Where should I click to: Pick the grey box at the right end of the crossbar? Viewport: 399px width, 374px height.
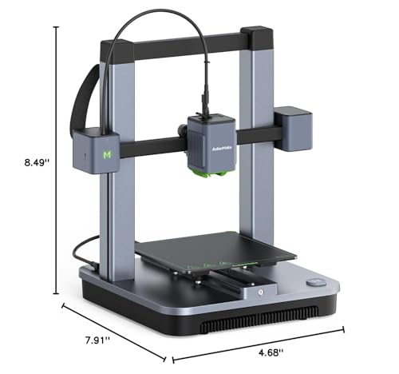(x=292, y=125)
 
